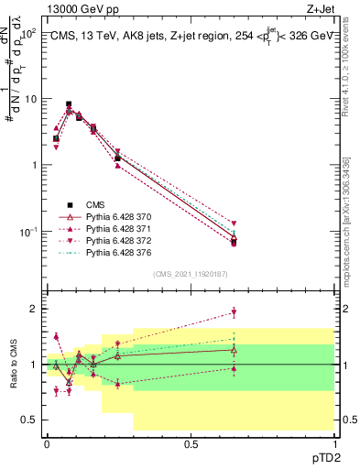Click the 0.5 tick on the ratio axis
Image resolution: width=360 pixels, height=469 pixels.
tap(30, 420)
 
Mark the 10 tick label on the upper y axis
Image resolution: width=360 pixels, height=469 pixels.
tap(30, 99)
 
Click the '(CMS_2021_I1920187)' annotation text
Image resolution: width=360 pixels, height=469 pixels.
tap(191, 274)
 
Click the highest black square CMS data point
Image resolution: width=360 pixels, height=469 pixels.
tap(70, 105)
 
